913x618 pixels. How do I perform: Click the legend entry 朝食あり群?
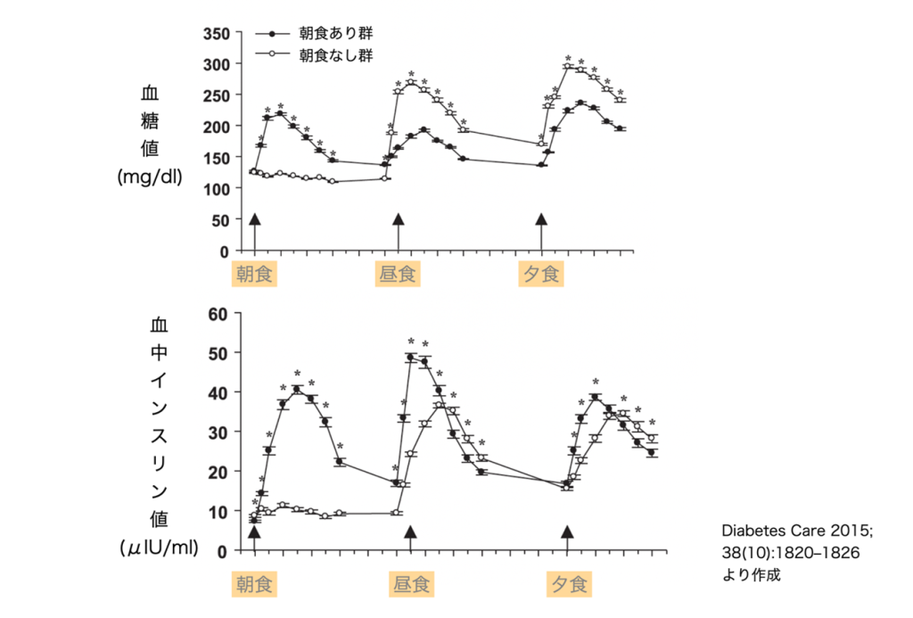pyautogui.click(x=335, y=33)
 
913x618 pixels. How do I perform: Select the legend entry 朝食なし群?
pyautogui.click(x=335, y=54)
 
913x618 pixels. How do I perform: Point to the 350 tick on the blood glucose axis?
pyautogui.click(x=217, y=34)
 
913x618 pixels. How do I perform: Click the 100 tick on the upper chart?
pyautogui.click(x=217, y=189)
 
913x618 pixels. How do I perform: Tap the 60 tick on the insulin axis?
pyautogui.click(x=219, y=313)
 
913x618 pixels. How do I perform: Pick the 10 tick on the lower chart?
pyautogui.click(x=219, y=511)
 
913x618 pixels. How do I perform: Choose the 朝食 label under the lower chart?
pyautogui.click(x=255, y=585)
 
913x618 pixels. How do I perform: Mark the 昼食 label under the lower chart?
pyautogui.click(x=410, y=585)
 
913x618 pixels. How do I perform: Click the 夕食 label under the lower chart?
pyautogui.click(x=567, y=585)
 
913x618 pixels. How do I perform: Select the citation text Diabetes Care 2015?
pyautogui.click(x=797, y=532)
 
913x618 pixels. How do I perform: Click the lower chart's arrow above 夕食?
pyautogui.click(x=567, y=533)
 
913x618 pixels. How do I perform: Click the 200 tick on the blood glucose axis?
pyautogui.click(x=217, y=127)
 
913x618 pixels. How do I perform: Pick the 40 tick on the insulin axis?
pyautogui.click(x=219, y=392)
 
